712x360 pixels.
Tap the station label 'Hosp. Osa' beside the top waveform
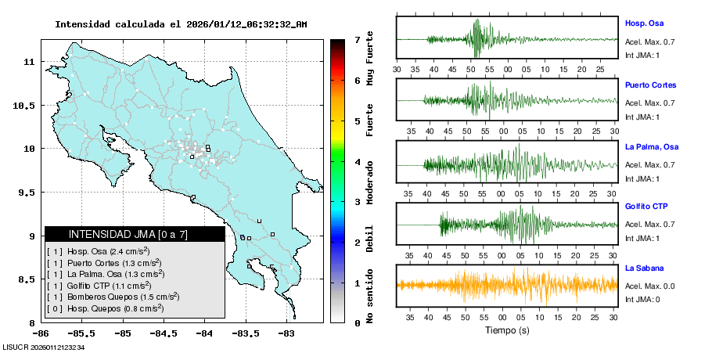pos(644,23)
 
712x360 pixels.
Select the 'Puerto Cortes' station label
pos(650,85)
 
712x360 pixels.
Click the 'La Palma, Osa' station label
pos(652,146)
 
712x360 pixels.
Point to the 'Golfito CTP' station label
pos(646,207)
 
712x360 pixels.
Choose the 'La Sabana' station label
pos(644,268)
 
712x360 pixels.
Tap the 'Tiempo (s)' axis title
pos(507,330)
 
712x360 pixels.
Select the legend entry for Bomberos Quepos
pos(113,297)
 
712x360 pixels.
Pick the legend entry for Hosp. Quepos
pos(105,308)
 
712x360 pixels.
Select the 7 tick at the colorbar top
pos(356,39)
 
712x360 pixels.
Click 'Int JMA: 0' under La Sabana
pos(642,300)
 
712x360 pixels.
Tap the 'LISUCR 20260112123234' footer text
pos(44,347)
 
